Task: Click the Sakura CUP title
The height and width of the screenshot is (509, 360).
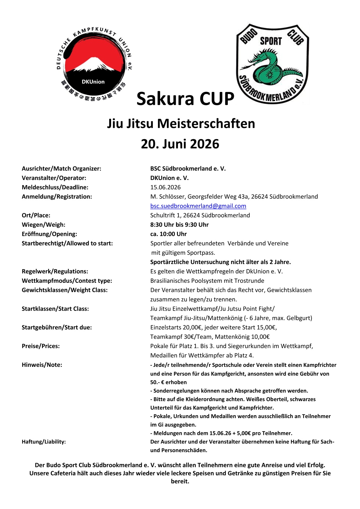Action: (185, 99)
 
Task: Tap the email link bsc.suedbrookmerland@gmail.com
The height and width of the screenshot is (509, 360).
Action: (198, 206)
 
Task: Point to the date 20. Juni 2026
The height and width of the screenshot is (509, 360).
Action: (180, 144)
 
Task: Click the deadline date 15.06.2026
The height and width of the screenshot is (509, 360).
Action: (165, 187)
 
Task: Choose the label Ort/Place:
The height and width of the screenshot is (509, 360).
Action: (36, 215)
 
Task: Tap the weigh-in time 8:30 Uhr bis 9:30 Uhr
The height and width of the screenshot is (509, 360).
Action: (179, 225)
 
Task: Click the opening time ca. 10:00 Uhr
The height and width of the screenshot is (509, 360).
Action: (169, 234)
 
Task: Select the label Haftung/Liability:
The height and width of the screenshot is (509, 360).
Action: (44, 442)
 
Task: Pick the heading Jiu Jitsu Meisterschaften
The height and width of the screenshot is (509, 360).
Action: (181, 124)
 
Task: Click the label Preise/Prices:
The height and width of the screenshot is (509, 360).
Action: (41, 346)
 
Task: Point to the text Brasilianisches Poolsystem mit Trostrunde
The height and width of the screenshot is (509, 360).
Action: (207, 281)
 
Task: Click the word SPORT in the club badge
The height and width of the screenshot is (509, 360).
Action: (271, 41)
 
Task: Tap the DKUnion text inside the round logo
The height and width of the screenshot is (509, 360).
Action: (93, 82)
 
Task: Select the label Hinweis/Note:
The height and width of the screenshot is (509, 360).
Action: (42, 365)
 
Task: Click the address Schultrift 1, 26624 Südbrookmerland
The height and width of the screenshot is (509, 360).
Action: (200, 215)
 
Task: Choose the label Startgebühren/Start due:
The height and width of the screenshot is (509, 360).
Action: (57, 327)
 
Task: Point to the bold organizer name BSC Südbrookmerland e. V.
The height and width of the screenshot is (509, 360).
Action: (188, 168)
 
